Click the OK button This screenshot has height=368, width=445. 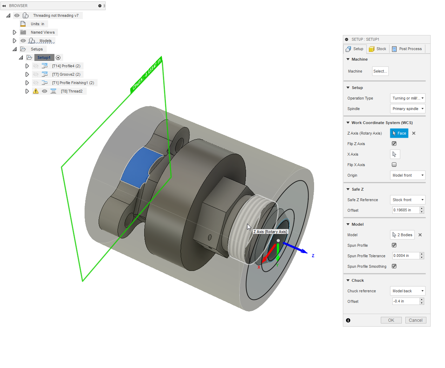[391, 320]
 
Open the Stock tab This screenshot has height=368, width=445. [378, 49]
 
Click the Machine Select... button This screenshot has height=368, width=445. [380, 71]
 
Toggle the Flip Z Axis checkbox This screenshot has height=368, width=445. [394, 144]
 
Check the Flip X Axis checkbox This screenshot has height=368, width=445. [394, 165]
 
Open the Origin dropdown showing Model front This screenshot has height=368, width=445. [407, 175]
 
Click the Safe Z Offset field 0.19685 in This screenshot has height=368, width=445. [406, 210]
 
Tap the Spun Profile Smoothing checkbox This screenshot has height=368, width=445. [394, 266]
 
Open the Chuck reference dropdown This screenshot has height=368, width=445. [407, 291]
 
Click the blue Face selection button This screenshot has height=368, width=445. [399, 133]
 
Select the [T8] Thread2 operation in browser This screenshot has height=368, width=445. [72, 91]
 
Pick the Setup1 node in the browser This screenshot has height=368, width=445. [44, 57]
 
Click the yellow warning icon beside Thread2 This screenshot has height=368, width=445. [36, 91]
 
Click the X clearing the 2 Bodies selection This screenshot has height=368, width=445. [420, 235]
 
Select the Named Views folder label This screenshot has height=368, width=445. [42, 32]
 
